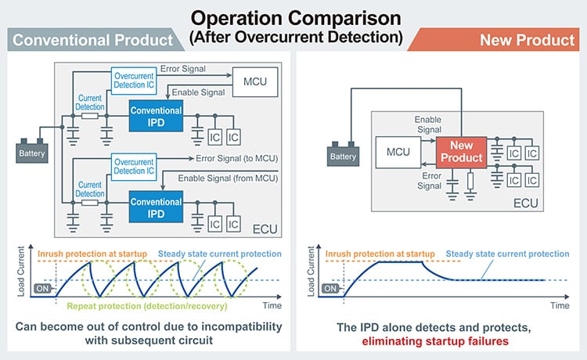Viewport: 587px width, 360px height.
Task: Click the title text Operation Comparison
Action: point(294,16)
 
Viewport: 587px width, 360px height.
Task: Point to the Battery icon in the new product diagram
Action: point(344,153)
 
